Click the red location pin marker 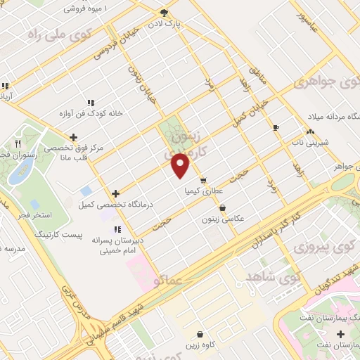pos(181,165)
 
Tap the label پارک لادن pos(164,23)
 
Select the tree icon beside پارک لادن pos(165,12)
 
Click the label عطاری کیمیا pos(204,191)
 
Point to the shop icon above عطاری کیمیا pos(203,180)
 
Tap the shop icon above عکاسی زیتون pos(223,207)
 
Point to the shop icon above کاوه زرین pos(201,334)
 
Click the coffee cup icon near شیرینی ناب pos(276,127)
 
